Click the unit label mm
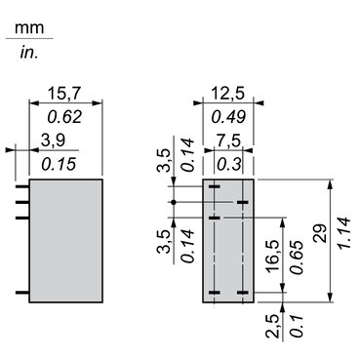26,29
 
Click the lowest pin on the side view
23,292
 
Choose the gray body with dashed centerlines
228,239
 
